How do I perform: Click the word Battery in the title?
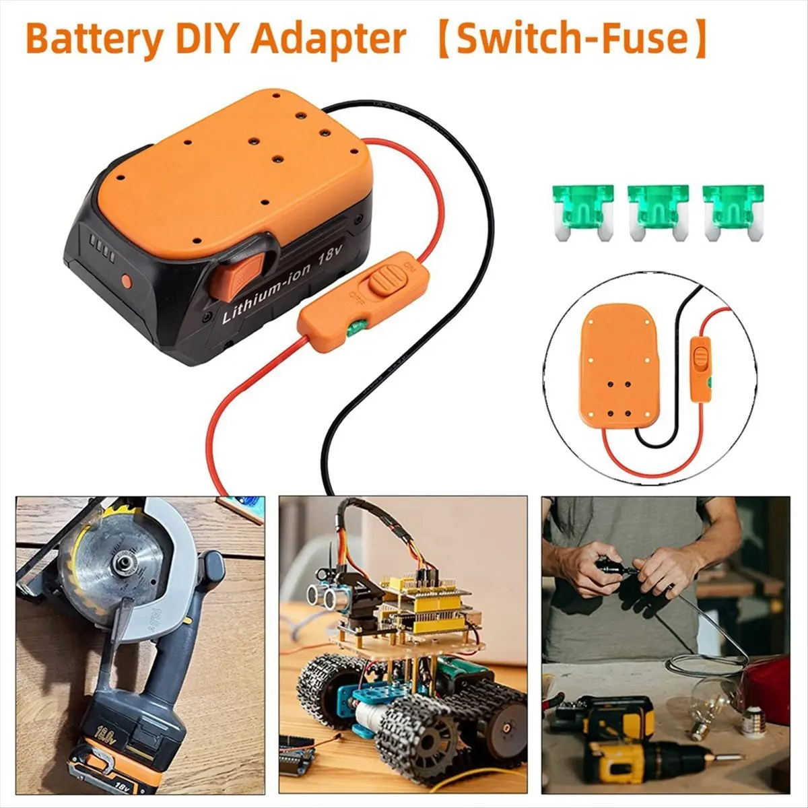94,39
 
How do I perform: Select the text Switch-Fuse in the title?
573,39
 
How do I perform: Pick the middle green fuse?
657,209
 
